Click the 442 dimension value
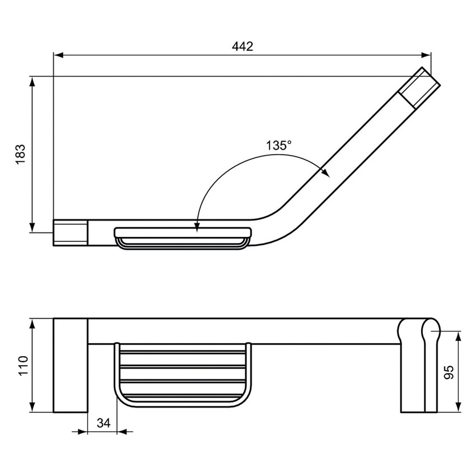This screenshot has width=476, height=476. [242, 46]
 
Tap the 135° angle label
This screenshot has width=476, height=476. [278, 146]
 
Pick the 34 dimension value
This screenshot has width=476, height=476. [102, 423]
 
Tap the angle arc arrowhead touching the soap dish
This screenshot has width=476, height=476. [197, 225]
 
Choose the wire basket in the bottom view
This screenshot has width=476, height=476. [183, 372]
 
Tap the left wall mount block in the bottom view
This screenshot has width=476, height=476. [71, 365]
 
